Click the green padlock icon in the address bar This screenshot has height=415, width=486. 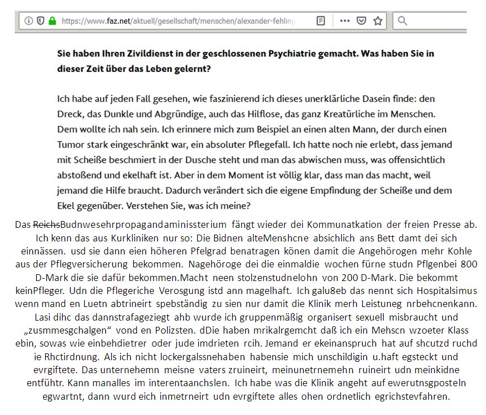53,21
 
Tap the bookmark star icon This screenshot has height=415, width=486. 378,21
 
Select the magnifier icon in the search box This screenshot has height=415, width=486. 402,21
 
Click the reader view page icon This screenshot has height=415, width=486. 320,21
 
